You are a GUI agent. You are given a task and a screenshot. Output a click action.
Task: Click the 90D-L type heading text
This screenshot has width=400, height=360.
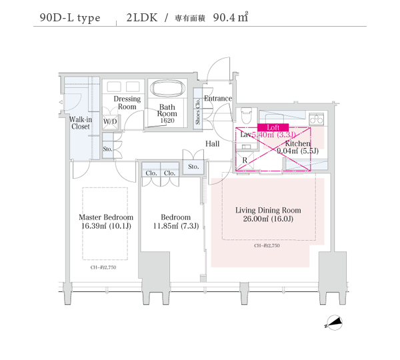point(69,18)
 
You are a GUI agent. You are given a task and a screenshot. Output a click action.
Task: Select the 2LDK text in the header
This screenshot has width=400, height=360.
point(141,18)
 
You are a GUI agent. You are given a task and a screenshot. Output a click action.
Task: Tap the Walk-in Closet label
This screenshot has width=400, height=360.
point(81,123)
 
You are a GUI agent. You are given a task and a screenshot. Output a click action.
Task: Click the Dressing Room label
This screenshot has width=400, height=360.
point(127,103)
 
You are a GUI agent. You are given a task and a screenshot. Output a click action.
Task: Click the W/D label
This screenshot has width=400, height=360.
point(110,122)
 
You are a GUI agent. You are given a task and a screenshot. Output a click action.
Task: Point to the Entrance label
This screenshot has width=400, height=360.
point(218,99)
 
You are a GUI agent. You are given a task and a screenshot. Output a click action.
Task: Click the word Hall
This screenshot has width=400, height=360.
point(213,144)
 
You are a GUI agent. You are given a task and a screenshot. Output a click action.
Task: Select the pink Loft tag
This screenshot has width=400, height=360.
point(272,127)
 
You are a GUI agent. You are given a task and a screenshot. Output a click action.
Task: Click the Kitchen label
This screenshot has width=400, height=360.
point(297,143)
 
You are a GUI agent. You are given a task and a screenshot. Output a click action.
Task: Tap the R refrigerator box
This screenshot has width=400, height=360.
point(245,161)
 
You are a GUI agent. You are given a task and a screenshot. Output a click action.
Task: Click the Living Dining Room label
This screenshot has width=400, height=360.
point(268,210)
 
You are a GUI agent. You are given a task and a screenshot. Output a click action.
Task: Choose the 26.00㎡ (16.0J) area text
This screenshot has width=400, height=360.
point(268,219)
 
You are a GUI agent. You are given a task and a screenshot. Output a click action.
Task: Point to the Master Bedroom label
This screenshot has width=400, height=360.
point(106,217)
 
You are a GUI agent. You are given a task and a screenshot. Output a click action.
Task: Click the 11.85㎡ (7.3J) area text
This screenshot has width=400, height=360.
point(175,227)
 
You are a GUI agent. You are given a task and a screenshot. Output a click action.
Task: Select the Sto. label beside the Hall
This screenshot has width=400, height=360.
point(193,167)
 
